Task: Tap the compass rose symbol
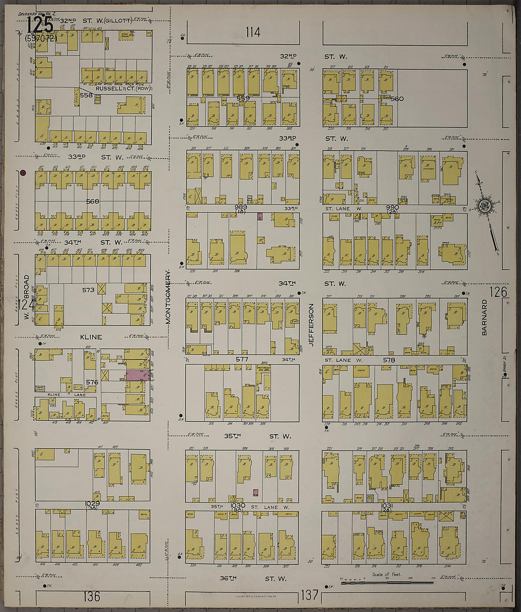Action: coord(485,206)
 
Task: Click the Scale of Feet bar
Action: coord(386,581)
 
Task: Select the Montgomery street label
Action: coord(168,297)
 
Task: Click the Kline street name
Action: coord(91,337)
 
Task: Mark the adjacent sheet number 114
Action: coord(253,32)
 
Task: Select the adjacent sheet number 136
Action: coord(92,595)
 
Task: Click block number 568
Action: coord(93,201)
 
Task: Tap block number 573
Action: coord(89,290)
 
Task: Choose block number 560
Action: coord(396,99)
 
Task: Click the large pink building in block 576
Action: coord(137,375)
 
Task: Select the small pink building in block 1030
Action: coord(255,493)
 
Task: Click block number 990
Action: coord(392,208)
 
